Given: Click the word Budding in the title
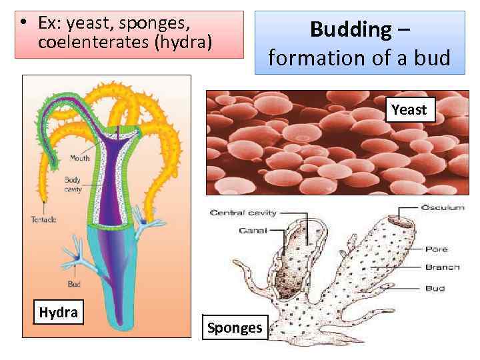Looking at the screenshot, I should pos(351,29).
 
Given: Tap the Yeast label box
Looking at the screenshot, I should pos(409,109).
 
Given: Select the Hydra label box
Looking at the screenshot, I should pos(58,312).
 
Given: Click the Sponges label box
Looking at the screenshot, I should pos(235,327).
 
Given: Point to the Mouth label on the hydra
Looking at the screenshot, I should pos(79,158).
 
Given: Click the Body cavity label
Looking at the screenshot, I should pos(73,185).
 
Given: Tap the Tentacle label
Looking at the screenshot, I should pos(43,219).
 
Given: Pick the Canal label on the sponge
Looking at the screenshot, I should pos(253,231).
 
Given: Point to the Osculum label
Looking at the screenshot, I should pos(443,208).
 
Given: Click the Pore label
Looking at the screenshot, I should pos(436,249).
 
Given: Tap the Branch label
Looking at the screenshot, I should pos(442,267).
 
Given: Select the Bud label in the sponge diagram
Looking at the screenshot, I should pos(435,289).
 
